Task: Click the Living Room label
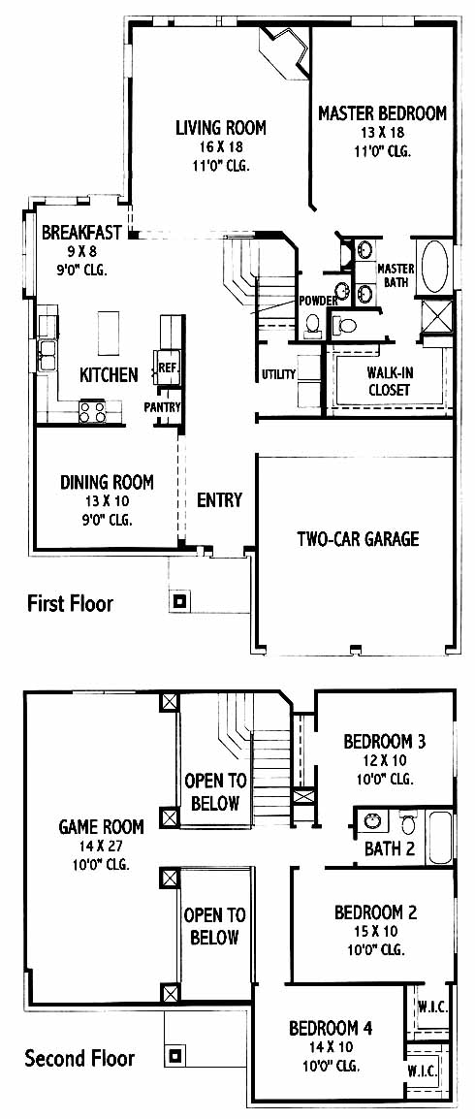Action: click(221, 128)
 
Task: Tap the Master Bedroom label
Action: click(382, 112)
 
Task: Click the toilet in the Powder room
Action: click(312, 326)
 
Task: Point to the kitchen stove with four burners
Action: click(93, 412)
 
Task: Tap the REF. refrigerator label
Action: click(167, 368)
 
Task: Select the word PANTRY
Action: click(163, 407)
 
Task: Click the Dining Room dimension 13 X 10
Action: click(107, 501)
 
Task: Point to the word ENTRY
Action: click(220, 500)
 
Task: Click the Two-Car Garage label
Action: click(358, 539)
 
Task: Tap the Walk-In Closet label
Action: click(389, 381)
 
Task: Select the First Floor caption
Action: click(70, 604)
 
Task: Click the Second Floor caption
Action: click(79, 1058)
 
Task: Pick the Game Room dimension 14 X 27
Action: click(101, 847)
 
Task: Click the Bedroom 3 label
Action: click(385, 742)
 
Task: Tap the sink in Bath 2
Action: click(371, 821)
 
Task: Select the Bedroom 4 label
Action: click(331, 1029)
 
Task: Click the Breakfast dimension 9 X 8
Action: click(75, 251)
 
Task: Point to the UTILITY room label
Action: click(278, 374)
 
